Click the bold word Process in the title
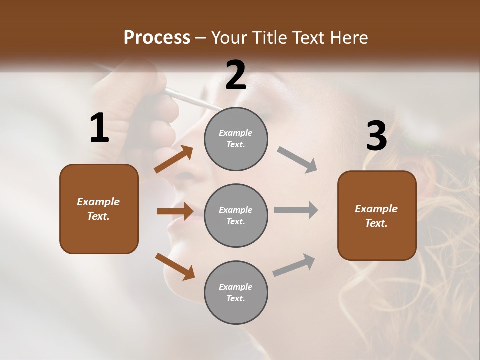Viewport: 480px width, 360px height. coord(157,38)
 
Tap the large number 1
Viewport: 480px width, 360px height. coord(99,128)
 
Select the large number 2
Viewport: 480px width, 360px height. coord(236,75)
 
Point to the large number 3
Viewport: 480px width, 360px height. coord(376,136)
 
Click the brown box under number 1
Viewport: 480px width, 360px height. coord(99,209)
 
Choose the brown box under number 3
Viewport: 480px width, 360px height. coord(377,216)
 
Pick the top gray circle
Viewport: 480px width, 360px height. coord(236,139)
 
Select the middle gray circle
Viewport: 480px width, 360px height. coord(236,216)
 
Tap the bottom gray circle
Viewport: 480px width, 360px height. coord(236,293)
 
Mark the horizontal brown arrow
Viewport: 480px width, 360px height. coord(175,211)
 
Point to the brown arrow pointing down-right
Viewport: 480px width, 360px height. coord(175,266)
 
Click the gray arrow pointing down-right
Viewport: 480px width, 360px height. coord(297,159)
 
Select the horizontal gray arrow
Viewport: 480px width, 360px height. coord(296,210)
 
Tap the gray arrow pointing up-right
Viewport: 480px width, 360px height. coord(294,265)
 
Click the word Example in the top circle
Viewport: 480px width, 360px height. coord(236,133)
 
